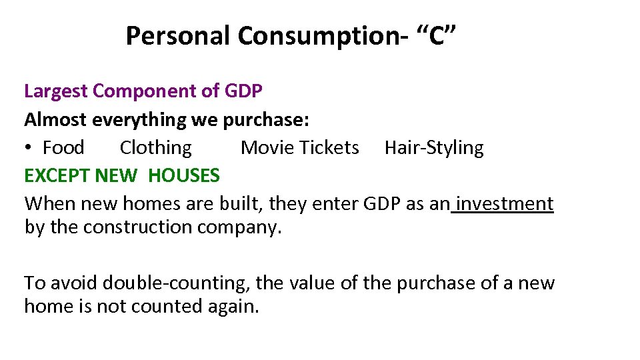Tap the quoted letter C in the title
pos(437,36)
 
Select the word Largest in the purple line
pos(57,91)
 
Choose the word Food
pos(63,147)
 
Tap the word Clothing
pos(155,147)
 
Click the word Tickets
pos(329,147)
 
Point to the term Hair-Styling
pos(434,147)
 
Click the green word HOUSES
pos(183,176)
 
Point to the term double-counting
pos(177,283)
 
